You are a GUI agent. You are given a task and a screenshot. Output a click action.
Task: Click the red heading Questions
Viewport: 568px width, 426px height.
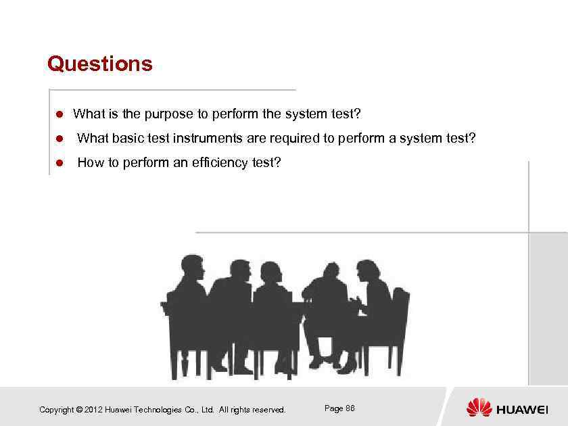[100, 64]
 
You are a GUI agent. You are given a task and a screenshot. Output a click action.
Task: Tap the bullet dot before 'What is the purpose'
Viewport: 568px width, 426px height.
[60, 114]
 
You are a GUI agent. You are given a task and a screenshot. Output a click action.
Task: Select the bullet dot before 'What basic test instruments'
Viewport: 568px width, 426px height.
[60, 139]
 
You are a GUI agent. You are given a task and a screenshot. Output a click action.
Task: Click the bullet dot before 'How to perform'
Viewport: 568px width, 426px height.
[60, 163]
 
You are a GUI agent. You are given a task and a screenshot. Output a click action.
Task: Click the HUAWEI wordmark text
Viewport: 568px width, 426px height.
[522, 410]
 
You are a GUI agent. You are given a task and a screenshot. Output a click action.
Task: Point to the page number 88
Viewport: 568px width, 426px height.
[350, 408]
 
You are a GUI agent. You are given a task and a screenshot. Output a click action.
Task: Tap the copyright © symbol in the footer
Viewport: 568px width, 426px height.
[79, 410]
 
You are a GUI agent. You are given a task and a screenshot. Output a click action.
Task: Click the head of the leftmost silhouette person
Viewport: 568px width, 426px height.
[191, 268]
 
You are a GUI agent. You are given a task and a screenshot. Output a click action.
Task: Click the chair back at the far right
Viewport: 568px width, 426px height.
[400, 304]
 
